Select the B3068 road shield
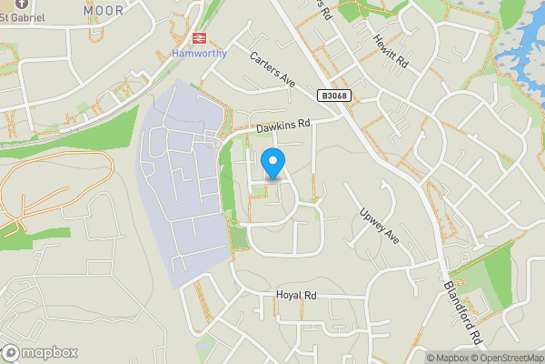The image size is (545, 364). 334,95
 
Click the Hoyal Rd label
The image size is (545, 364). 296,296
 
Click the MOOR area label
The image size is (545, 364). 103,10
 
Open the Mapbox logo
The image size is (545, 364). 39,352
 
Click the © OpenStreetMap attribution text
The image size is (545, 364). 506,358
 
